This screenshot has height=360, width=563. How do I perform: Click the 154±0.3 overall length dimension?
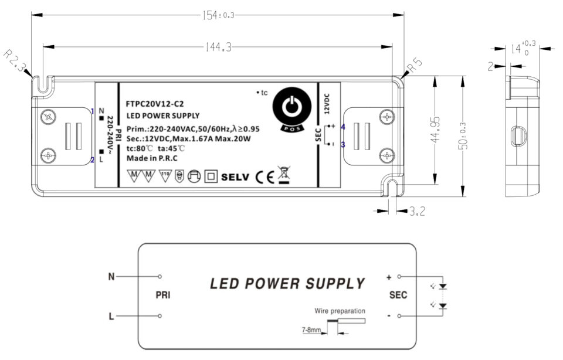point(218,15)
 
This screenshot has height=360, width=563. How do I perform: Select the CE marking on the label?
point(264,176)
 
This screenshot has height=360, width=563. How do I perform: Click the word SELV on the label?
point(236,176)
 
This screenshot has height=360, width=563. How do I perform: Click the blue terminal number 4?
point(342,127)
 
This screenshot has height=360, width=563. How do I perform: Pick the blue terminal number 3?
point(342,144)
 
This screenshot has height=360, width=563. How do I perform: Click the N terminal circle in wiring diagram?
point(160,276)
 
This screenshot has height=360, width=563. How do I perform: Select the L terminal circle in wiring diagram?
point(160,317)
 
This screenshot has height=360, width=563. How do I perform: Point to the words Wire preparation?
point(340,311)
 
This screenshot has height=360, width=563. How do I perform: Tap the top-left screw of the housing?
point(49,117)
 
